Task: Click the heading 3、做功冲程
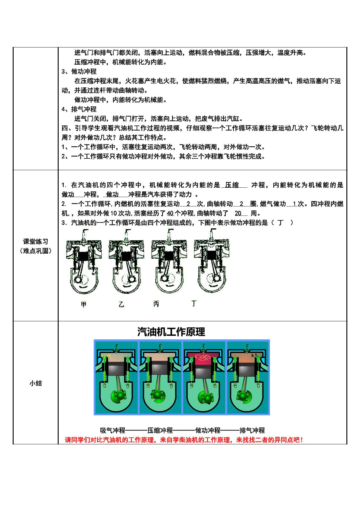[x=79, y=71]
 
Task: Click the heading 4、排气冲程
[x=79, y=109]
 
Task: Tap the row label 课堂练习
[x=35, y=241]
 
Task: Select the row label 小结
[x=36, y=383]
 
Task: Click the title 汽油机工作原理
[x=171, y=332]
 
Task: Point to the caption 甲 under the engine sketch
[x=84, y=304]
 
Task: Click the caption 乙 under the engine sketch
[x=122, y=304]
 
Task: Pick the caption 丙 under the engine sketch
[x=156, y=304]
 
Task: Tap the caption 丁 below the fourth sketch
[x=194, y=303]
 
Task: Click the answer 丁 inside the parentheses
[x=280, y=223]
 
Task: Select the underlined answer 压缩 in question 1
[x=232, y=185]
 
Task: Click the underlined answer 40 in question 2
[x=170, y=213]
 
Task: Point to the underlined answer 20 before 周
[x=238, y=213]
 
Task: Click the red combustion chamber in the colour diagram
[x=203, y=359]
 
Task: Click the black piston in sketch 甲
[x=84, y=256]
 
